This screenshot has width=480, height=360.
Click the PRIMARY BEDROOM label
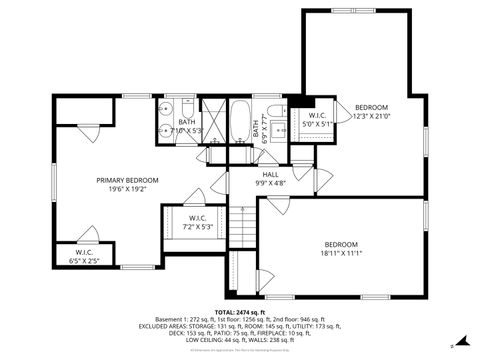click(x=127, y=180)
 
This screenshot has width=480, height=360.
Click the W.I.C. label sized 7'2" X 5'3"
click(x=197, y=217)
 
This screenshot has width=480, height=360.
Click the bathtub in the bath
click(x=241, y=123)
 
